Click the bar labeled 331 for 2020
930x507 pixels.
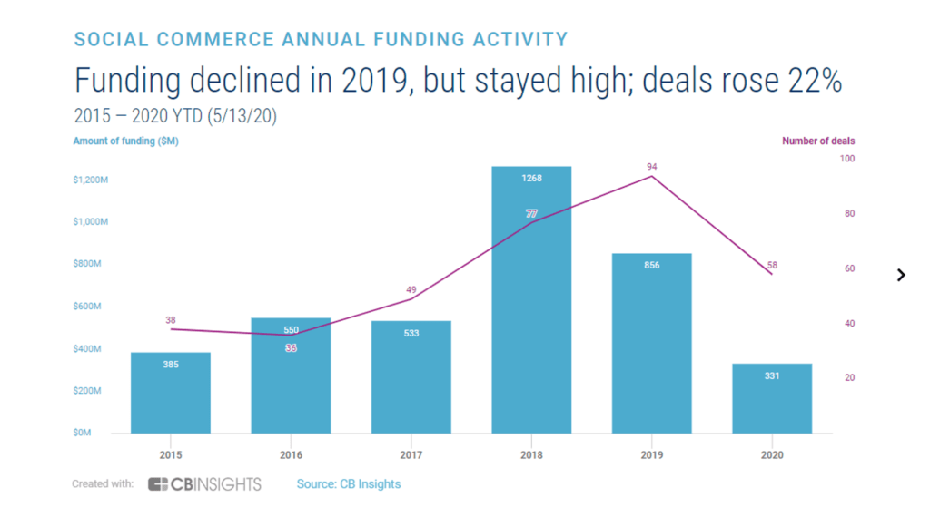772,399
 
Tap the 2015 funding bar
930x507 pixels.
171,393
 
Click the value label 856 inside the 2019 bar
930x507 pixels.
651,265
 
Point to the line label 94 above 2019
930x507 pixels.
651,167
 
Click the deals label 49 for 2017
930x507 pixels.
411,289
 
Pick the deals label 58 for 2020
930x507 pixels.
772,265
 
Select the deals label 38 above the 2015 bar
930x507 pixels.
171,320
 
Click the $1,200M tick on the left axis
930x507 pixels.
91,180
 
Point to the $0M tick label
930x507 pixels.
83,434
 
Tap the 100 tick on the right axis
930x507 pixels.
847,159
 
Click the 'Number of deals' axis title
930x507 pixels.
818,141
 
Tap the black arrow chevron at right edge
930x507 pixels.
901,275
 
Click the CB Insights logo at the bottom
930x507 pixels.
204,484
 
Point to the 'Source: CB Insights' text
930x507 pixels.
349,484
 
